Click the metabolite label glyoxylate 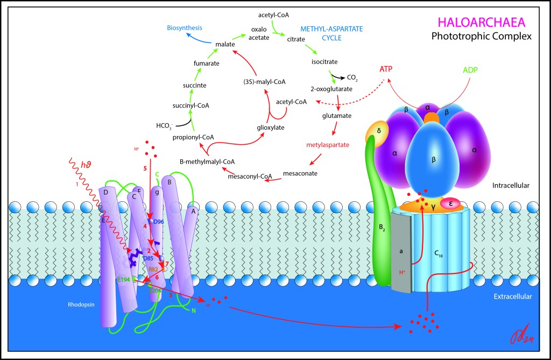click(271, 128)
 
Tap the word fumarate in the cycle click(207, 63)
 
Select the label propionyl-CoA click(194, 137)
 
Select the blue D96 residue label click(159, 222)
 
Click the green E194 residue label click(125, 280)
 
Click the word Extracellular click(513, 297)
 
